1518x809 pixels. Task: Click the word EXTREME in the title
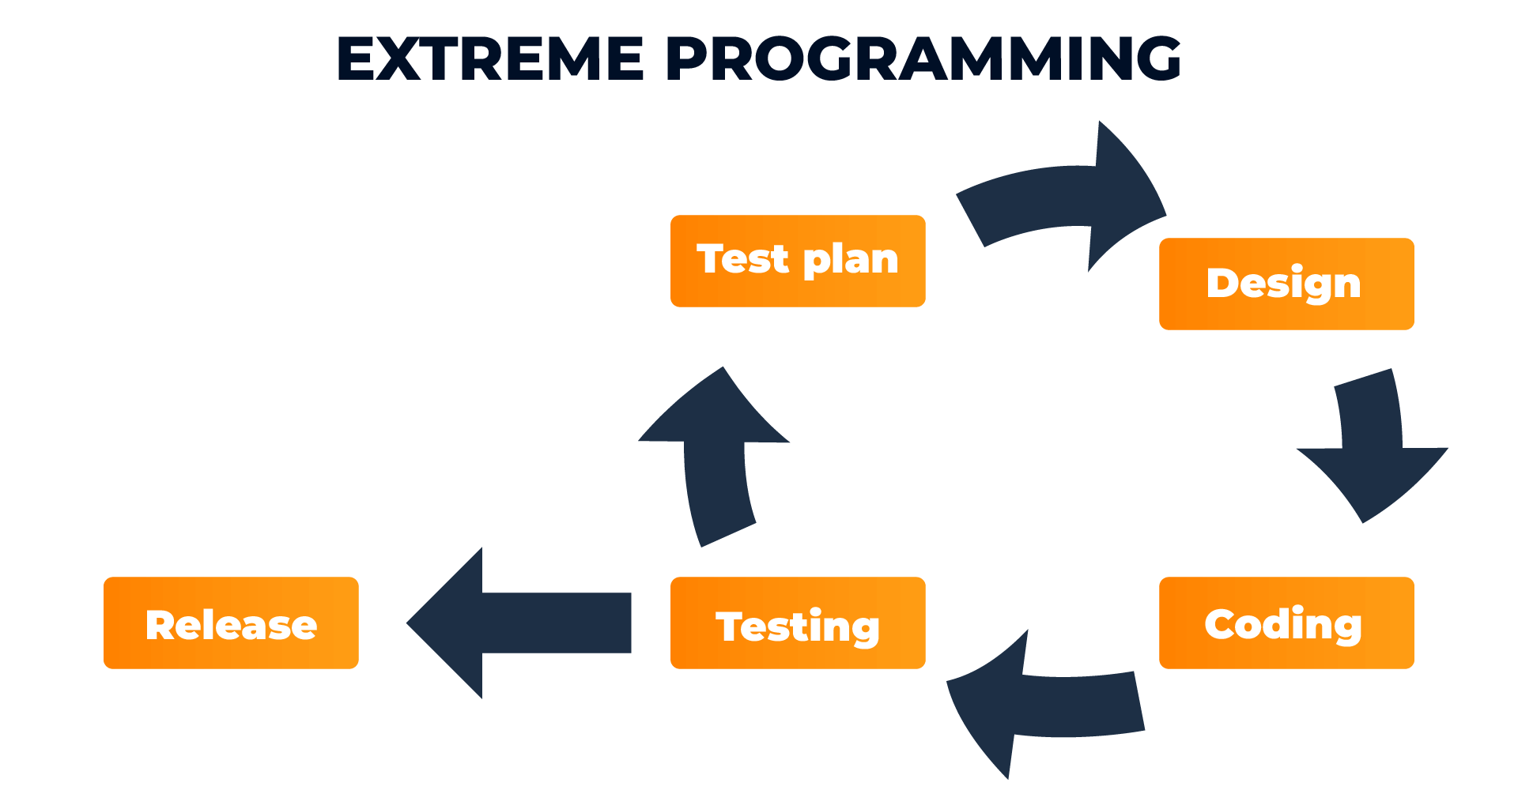[x=490, y=59]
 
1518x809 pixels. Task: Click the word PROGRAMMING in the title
[x=923, y=59]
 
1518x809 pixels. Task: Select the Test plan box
[x=797, y=261]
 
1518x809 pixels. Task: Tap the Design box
[x=1286, y=284]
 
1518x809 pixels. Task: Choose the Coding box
[x=1286, y=623]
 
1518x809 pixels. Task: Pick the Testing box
[x=797, y=623]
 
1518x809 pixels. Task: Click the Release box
[x=231, y=623]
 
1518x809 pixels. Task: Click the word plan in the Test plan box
[x=851, y=261]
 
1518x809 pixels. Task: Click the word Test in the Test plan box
[x=742, y=259]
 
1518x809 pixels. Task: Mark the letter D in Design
[x=1222, y=283]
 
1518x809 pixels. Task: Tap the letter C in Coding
[x=1221, y=623]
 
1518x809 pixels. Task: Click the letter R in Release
[x=161, y=624]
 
